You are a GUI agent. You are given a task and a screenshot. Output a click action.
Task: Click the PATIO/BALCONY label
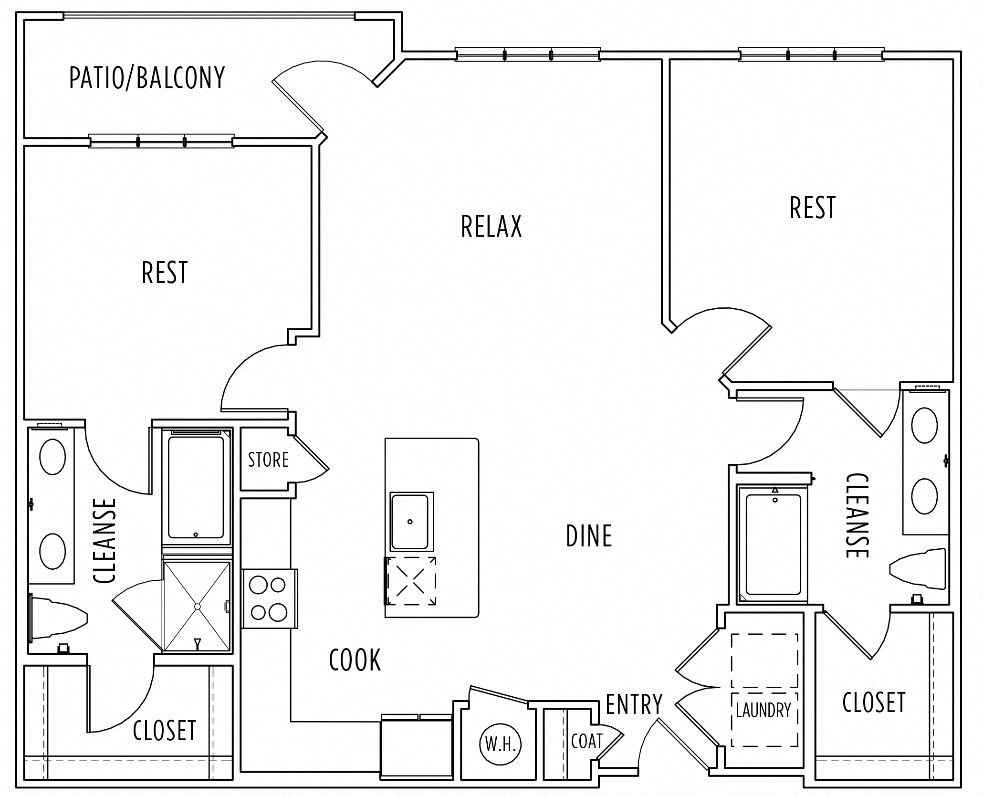147,78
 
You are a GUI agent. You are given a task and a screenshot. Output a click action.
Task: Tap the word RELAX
491,226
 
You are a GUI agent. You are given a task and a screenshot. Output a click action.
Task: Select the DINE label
589,536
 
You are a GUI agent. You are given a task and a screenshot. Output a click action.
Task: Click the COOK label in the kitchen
355,660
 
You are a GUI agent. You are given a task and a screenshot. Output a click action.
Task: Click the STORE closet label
268,460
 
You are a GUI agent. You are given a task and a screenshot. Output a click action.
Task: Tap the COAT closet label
586,741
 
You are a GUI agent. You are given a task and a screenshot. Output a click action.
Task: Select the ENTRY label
634,704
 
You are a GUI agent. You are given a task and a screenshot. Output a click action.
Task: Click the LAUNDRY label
763,711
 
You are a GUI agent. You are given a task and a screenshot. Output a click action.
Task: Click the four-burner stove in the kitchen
268,598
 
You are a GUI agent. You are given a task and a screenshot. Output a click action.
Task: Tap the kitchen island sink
410,522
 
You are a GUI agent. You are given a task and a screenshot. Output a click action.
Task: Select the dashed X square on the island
411,581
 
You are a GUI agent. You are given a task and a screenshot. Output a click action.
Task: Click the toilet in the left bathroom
57,619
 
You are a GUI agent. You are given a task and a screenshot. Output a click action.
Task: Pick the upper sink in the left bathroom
52,457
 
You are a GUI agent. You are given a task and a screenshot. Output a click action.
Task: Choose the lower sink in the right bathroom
924,496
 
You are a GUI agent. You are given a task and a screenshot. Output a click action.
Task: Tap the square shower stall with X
197,606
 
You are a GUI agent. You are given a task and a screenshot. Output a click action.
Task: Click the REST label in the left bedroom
165,272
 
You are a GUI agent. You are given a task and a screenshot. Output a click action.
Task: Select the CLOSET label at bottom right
874,702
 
